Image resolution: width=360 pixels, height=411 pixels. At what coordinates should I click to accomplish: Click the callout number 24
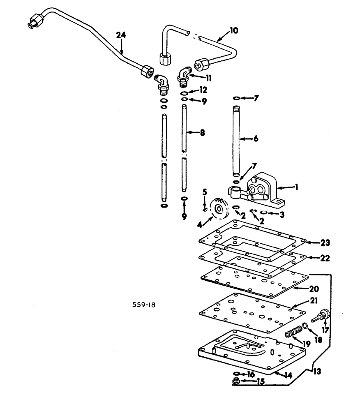tap(121, 36)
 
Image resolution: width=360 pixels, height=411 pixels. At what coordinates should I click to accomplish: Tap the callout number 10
tap(233, 30)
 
